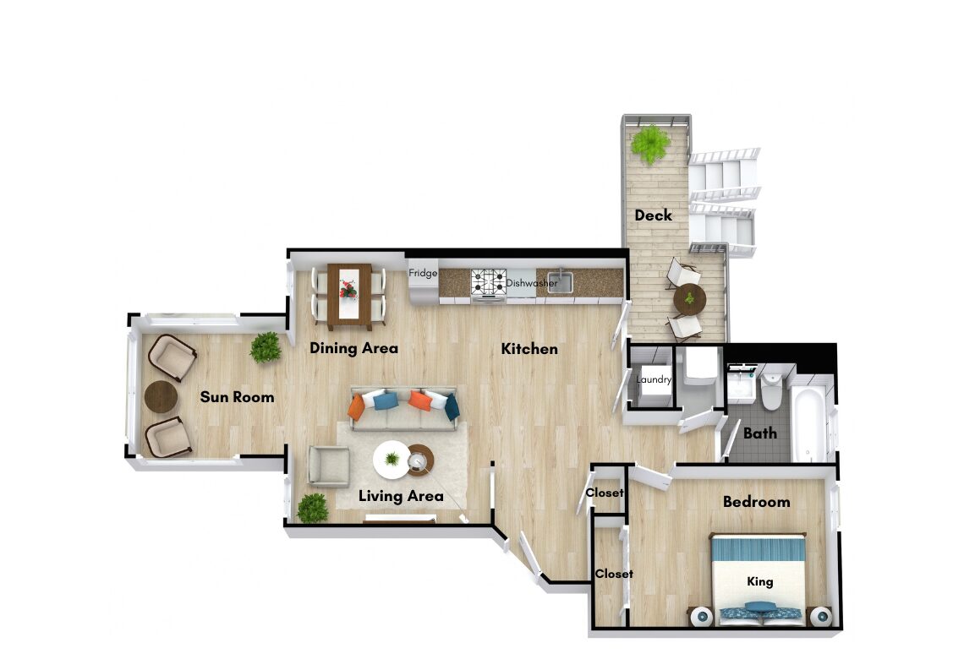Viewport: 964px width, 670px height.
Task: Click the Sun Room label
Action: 238,397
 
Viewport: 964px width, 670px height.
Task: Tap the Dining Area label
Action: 353,348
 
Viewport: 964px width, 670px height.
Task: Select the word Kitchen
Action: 529,349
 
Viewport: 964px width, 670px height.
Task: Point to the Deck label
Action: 653,215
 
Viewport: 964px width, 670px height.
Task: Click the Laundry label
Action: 654,379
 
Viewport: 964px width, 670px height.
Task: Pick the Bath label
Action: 760,433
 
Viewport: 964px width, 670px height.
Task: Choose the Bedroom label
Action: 756,502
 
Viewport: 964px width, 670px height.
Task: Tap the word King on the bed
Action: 760,581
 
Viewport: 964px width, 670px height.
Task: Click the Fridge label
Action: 423,273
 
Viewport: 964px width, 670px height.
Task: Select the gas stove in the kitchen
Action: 489,283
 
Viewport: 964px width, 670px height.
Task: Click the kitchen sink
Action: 560,282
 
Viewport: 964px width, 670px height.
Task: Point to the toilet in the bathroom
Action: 771,391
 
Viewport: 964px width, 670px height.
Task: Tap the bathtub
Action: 808,423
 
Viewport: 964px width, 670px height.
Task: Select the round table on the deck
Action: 690,300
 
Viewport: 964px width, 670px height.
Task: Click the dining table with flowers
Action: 349,296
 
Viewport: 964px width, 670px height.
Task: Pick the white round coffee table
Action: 392,460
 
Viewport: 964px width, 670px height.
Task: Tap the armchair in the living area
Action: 328,466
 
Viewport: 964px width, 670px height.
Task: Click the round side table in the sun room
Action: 161,397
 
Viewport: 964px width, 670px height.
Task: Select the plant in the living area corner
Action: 312,508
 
